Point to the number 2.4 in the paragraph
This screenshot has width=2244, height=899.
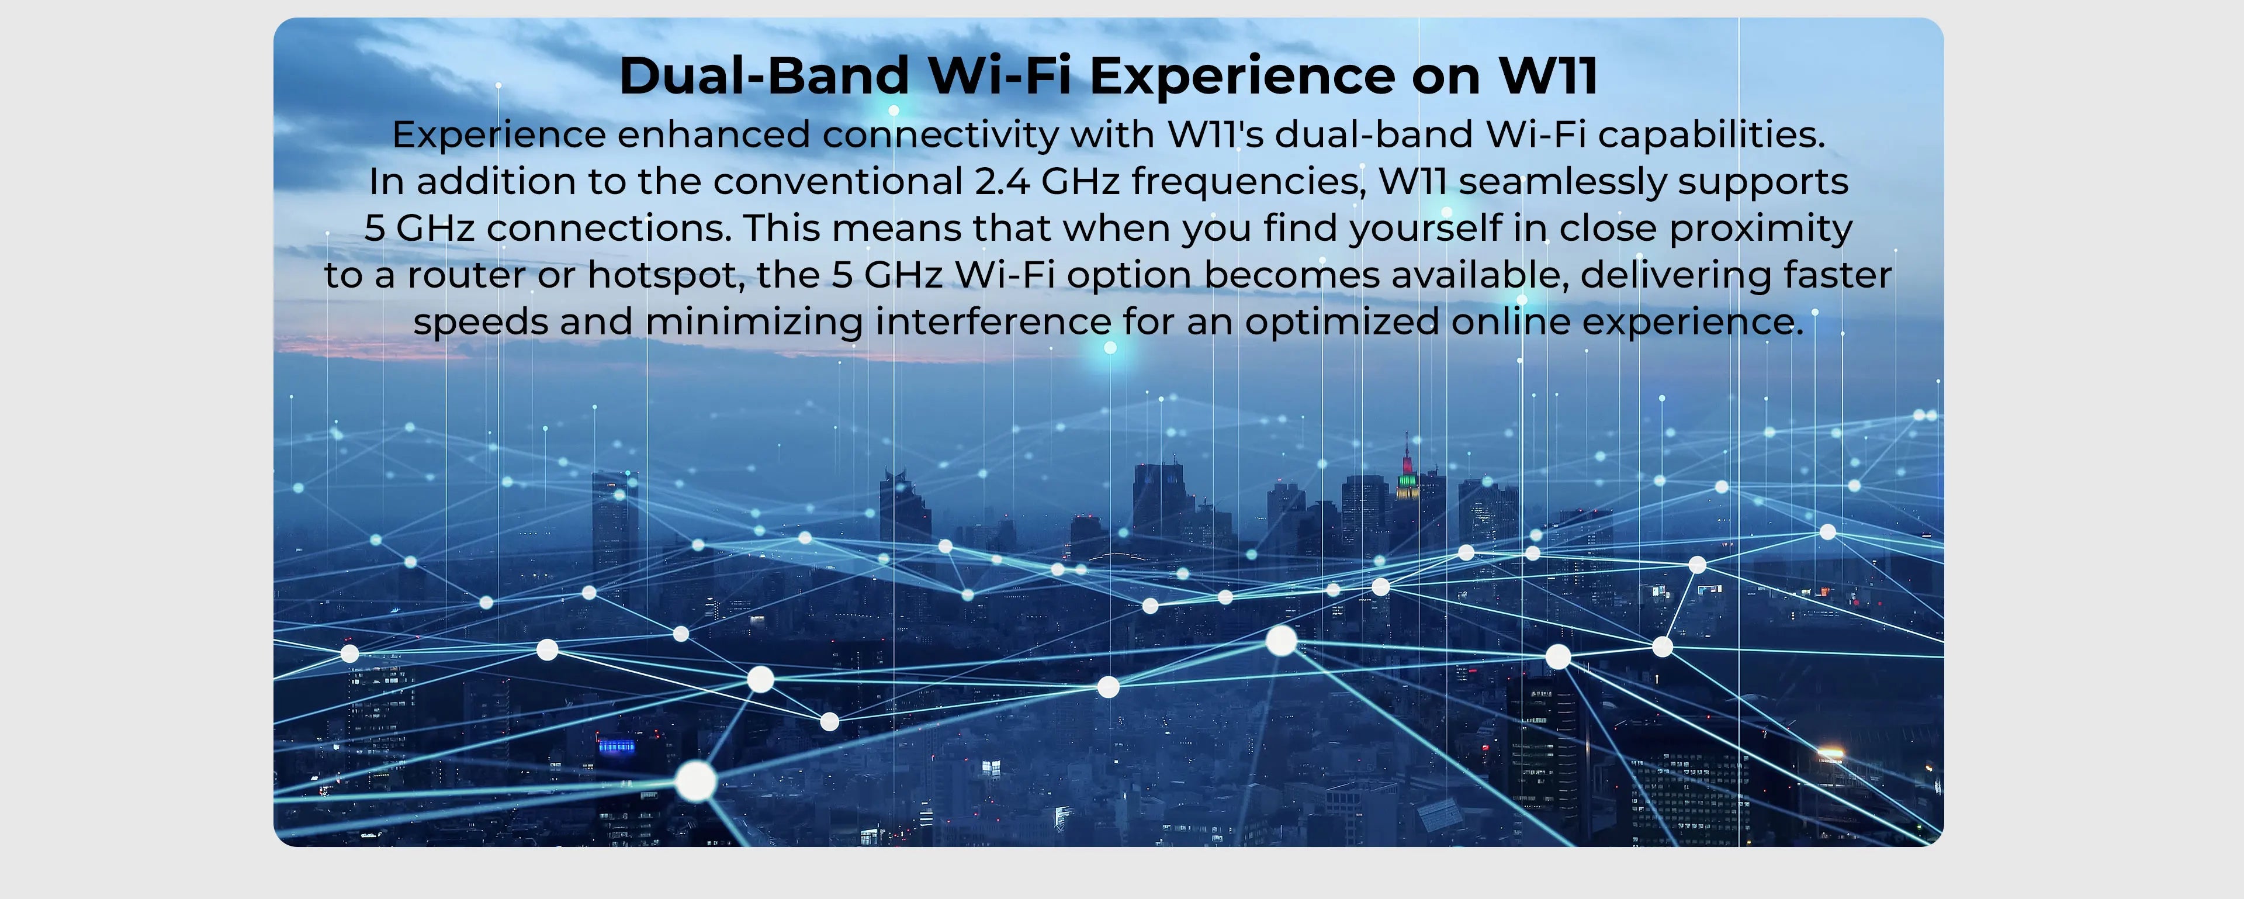coord(1002,182)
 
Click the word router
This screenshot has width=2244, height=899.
coord(466,275)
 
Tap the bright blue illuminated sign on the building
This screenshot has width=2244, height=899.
coord(616,746)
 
